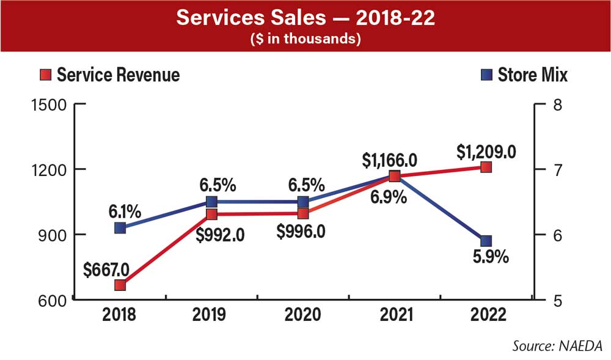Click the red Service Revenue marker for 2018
tap(120, 285)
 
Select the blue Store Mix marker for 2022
tap(486, 240)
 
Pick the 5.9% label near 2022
tap(489, 257)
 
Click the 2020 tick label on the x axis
tap(303, 315)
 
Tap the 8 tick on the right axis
tap(557, 105)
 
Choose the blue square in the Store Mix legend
tap(486, 75)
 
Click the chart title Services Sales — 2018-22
tap(305, 18)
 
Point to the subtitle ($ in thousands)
tap(305, 39)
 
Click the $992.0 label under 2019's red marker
tap(213, 233)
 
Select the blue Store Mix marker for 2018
tap(120, 228)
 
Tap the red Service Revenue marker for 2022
tap(486, 167)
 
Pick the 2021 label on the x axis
tap(394, 315)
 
